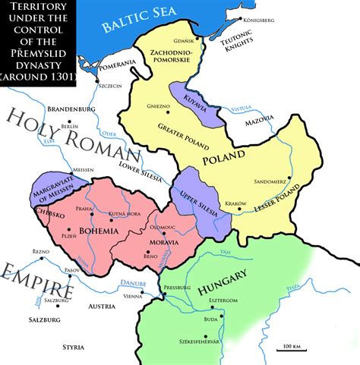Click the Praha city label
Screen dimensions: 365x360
(84, 209)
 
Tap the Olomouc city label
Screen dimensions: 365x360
(163, 226)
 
